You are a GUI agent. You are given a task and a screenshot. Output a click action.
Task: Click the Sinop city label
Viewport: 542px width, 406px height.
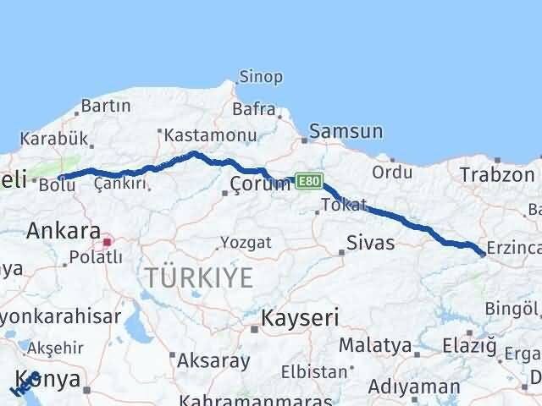coord(261,77)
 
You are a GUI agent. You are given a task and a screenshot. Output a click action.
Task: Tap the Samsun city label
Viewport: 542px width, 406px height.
coord(346,131)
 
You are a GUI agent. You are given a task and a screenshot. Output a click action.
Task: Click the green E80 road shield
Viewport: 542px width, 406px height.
coord(308,181)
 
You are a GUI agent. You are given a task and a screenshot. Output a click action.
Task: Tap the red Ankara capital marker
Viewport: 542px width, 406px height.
coord(107,242)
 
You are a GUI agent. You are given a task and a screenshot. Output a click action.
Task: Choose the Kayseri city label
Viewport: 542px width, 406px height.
coord(300,318)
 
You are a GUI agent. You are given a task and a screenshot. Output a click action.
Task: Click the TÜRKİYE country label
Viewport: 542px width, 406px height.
coord(199,277)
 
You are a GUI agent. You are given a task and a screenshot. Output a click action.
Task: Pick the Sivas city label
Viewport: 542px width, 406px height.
coord(371,244)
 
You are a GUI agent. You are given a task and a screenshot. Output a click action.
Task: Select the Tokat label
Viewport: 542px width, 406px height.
coord(345,206)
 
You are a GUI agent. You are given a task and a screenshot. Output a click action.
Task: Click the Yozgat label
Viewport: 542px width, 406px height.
coord(246,243)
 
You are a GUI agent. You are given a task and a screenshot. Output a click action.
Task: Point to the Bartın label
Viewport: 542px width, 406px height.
coord(105,107)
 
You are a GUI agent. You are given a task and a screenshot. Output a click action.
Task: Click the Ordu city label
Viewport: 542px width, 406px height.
coord(392,172)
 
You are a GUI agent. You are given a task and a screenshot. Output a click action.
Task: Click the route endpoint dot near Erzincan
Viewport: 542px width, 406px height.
coord(482,253)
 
